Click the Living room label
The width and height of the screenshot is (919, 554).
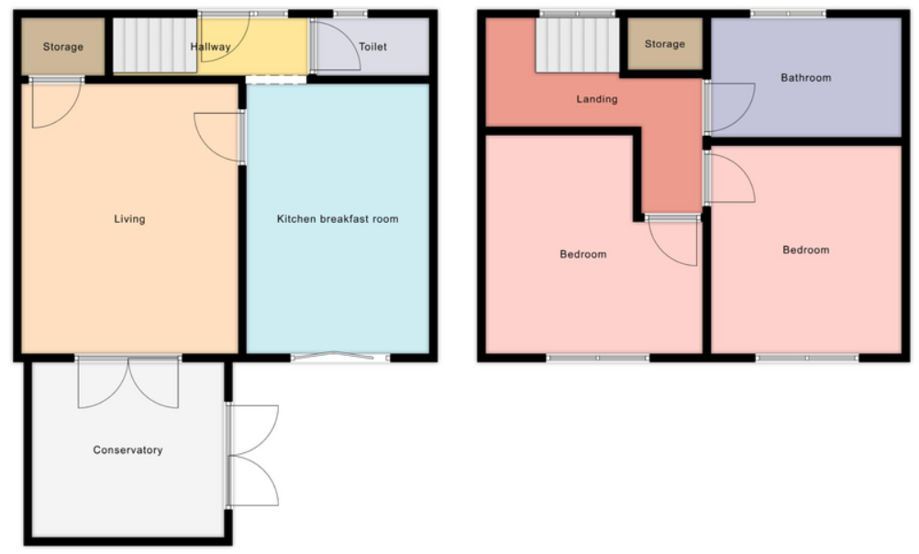click(x=129, y=219)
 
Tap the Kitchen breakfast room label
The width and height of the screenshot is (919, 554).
click(x=338, y=219)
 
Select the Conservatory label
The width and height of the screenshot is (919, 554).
click(x=127, y=450)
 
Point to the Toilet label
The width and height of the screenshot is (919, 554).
click(x=372, y=46)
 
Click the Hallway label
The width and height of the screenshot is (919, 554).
click(x=210, y=47)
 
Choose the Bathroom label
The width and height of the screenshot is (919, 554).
click(x=805, y=78)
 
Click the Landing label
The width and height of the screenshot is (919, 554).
click(x=596, y=99)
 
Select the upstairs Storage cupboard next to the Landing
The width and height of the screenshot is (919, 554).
click(x=664, y=44)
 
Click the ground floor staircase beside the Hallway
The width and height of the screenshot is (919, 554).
click(x=153, y=45)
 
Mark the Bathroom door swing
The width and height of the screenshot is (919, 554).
click(x=729, y=106)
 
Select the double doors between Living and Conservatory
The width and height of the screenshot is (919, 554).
click(x=128, y=381)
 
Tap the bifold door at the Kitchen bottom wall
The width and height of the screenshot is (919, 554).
click(x=338, y=356)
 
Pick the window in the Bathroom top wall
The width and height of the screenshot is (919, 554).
click(x=787, y=14)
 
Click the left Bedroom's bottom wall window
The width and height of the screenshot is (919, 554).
click(x=597, y=358)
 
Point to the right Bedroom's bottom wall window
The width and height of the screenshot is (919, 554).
click(x=806, y=358)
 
